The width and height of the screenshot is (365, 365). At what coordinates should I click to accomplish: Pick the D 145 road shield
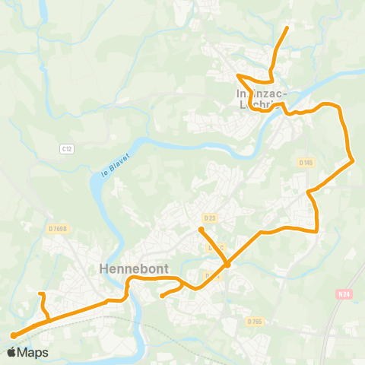pyautogui.click(x=306, y=163)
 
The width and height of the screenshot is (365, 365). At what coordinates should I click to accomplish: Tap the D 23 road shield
pyautogui.click(x=210, y=219)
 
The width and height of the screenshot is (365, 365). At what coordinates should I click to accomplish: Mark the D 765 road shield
pyautogui.click(x=254, y=322)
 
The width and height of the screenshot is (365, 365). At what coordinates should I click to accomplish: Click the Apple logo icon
pyautogui.click(x=11, y=352)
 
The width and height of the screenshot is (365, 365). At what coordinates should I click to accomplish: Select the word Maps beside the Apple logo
pyautogui.click(x=33, y=352)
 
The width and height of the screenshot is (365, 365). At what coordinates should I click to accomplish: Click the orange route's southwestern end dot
pyautogui.click(x=14, y=335)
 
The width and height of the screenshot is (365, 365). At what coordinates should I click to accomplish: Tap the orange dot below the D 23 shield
pyautogui.click(x=202, y=229)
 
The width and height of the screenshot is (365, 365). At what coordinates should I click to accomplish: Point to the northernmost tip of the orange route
pyautogui.click(x=287, y=28)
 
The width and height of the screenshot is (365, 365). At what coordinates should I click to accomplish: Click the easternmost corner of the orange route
pyautogui.click(x=354, y=160)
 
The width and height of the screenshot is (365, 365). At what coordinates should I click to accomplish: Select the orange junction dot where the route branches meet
pyautogui.click(x=227, y=264)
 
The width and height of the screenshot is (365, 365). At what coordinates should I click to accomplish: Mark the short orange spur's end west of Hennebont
pyautogui.click(x=40, y=294)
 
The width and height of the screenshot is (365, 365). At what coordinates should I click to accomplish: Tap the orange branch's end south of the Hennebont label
pyautogui.click(x=162, y=297)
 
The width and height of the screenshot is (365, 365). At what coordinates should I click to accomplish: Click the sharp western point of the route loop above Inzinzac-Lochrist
pyautogui.click(x=238, y=75)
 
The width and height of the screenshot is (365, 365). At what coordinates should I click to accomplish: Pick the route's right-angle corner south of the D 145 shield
pyautogui.click(x=316, y=230)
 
